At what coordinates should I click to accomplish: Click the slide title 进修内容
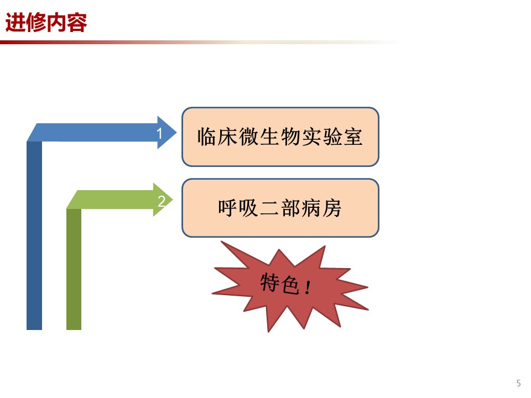coord(46,23)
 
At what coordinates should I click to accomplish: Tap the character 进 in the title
coord(15,23)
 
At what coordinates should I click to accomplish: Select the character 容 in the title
coord(77,23)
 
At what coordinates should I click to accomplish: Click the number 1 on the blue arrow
coord(159,134)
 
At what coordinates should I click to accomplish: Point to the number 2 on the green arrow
coord(162,201)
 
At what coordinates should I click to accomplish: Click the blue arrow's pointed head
coord(167,132)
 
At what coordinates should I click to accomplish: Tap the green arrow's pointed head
coord(163,200)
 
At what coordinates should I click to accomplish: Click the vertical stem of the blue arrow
coord(34,235)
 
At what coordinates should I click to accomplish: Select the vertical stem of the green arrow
coord(74,269)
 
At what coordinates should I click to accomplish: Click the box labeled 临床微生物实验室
coord(280,137)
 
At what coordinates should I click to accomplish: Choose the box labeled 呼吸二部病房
coord(280,208)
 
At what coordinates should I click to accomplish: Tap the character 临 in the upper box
coord(207,137)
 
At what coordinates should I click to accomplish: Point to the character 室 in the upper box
coord(353,137)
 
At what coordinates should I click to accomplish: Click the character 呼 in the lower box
coord(228,208)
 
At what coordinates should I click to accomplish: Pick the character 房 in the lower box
coord(332,208)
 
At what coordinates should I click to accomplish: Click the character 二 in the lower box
coord(269,208)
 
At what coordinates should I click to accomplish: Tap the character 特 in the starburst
coord(270,282)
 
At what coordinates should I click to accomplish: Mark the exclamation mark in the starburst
coord(308,287)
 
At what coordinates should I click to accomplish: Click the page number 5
coord(518,383)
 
